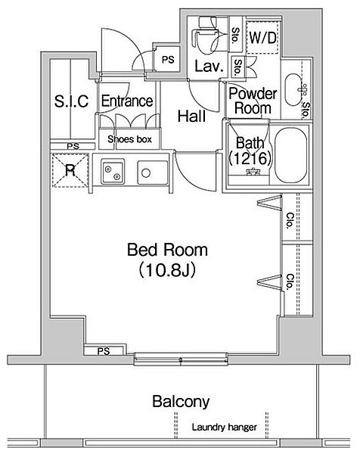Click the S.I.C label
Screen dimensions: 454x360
(72, 101)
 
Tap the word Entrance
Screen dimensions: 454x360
(126, 101)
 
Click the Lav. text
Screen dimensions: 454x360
(208, 67)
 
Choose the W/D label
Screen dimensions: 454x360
(262, 37)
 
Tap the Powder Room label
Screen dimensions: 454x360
(253, 101)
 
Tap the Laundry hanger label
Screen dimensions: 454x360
(223, 428)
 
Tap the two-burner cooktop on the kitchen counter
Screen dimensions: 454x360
(115, 173)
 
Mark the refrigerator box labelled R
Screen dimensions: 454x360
(70, 169)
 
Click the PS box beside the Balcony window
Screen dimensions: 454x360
(104, 350)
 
